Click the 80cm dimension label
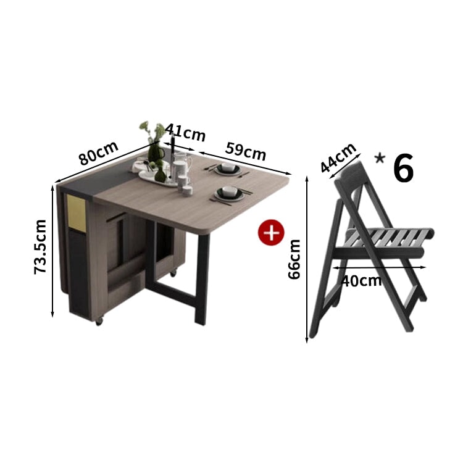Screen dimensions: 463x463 [x=99, y=153]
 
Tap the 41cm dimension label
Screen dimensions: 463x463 [x=185, y=132]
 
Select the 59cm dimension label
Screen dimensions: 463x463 [x=246, y=151]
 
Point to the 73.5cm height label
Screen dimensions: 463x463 [x=40, y=247]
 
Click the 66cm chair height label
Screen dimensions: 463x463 [x=294, y=259]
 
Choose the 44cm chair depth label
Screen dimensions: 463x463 [x=338, y=157]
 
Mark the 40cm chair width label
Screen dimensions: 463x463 [x=361, y=280]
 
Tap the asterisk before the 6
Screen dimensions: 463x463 [x=380, y=159]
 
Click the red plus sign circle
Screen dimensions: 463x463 [x=271, y=232]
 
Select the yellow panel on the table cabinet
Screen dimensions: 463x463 [x=76, y=213]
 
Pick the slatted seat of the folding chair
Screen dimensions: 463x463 [x=390, y=237]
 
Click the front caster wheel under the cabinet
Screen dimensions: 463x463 [x=99, y=321]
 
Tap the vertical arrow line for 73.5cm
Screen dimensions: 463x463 [x=52, y=251]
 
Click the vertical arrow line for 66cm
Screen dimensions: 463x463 [x=307, y=259]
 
